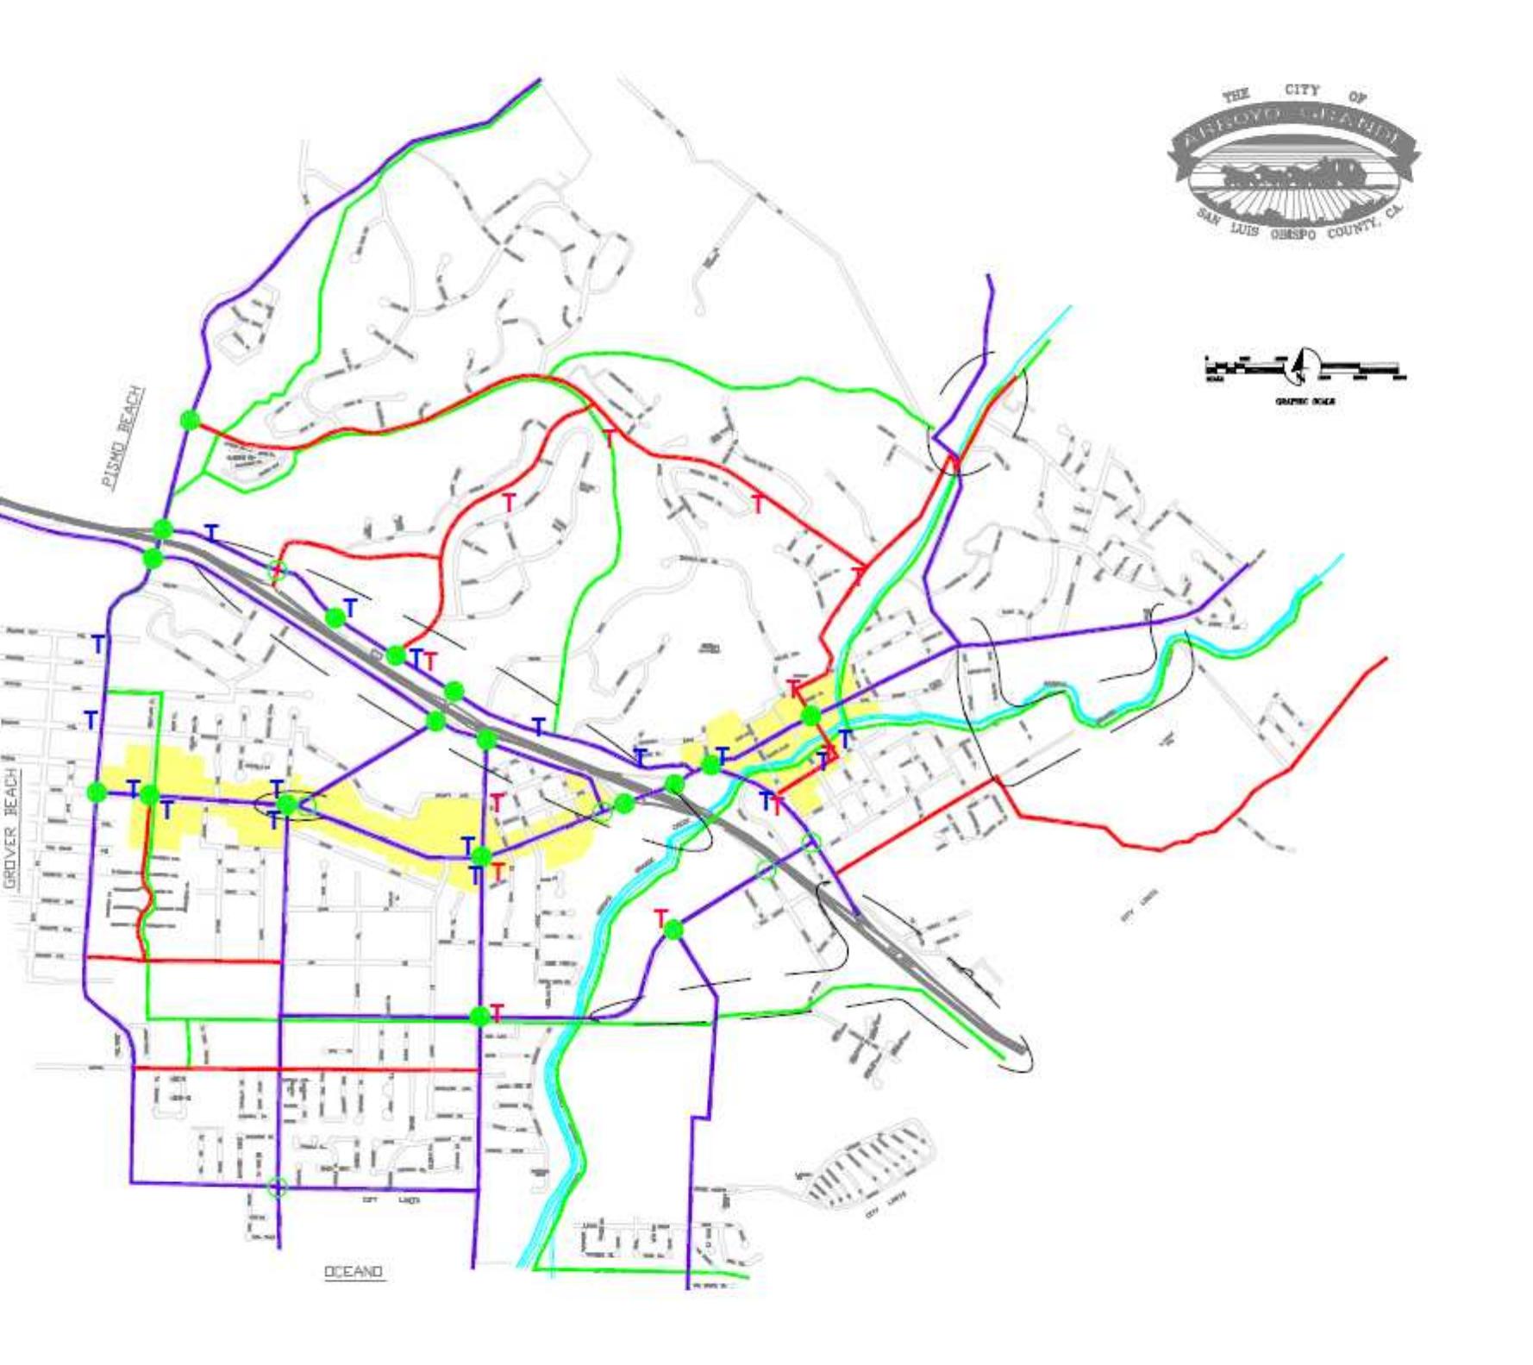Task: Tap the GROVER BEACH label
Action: [x=11, y=828]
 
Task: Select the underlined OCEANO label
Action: [x=354, y=1272]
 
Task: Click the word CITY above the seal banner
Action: [x=1301, y=90]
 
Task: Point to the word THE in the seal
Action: [x=1236, y=96]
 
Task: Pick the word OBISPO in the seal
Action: [x=1293, y=235]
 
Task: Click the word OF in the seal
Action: [x=1357, y=97]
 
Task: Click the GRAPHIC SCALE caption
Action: [x=1305, y=401]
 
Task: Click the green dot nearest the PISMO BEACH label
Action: [x=191, y=421]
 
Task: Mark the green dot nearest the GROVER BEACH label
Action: [x=97, y=792]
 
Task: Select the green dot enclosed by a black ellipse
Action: [x=288, y=805]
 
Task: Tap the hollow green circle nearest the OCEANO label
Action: [x=277, y=1187]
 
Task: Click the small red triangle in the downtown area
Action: [x=830, y=753]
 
